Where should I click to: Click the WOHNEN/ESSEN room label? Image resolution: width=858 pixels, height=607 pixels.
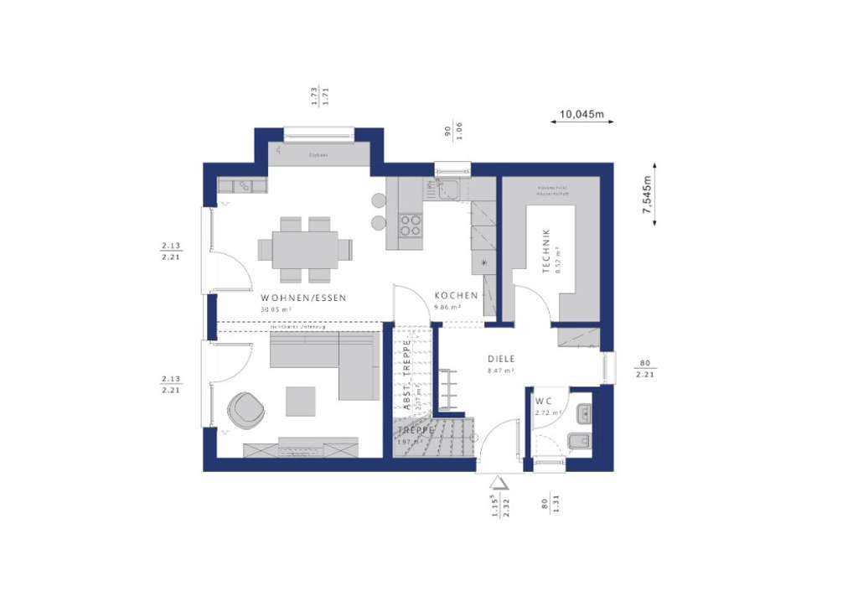coord(303,298)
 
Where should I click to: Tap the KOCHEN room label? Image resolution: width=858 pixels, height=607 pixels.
coord(456,296)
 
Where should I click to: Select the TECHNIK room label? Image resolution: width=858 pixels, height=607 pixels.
coord(546,251)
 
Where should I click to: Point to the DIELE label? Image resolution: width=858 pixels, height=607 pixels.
coord(501,359)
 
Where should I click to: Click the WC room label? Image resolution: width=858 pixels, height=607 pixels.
coord(545,401)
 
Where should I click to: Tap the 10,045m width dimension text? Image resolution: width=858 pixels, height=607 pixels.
coord(582,113)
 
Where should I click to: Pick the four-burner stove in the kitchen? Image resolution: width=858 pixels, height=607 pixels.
coord(410,224)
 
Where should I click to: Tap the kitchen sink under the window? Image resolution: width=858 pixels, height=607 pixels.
coord(447,189)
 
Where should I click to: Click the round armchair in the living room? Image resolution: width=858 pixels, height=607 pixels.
coord(246,409)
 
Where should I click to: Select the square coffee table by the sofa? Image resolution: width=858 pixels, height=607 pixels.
coord(301,401)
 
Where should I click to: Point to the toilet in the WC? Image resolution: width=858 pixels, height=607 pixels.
coord(579,441)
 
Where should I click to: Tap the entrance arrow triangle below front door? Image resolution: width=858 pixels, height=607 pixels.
coord(499,483)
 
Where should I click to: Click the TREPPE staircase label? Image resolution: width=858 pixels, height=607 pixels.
coord(416,430)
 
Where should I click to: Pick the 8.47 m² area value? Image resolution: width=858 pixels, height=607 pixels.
coord(501,370)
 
